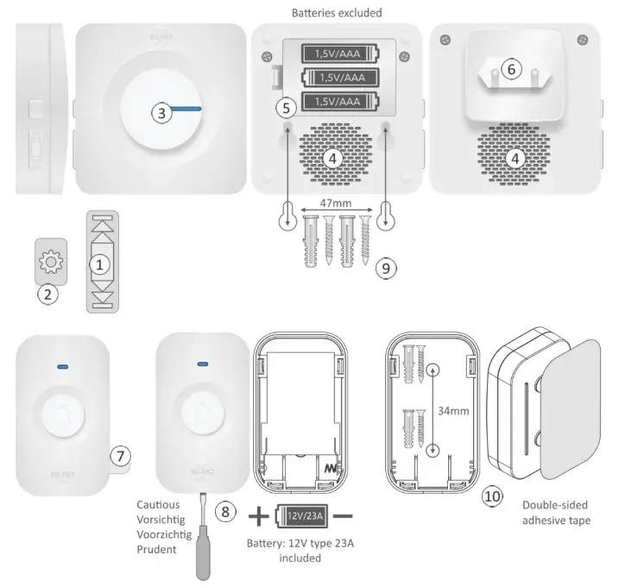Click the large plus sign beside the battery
(258, 516)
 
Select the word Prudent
(157, 548)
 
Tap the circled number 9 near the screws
(387, 268)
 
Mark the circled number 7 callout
(121, 453)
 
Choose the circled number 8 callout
(226, 510)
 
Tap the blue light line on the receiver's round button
(183, 110)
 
